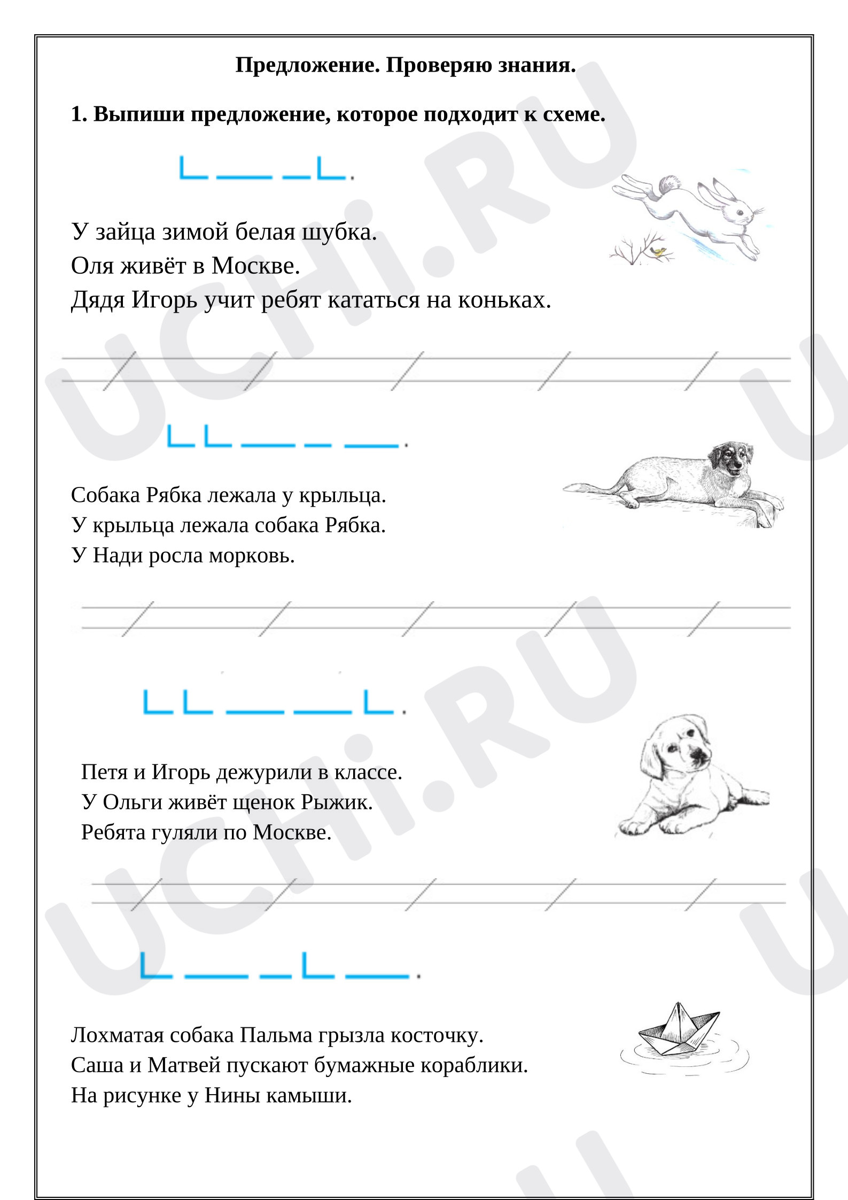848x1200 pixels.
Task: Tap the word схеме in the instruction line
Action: [574, 114]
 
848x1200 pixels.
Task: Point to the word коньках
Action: [504, 300]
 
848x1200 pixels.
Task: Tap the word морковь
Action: [252, 556]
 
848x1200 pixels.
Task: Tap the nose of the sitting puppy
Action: [697, 754]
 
